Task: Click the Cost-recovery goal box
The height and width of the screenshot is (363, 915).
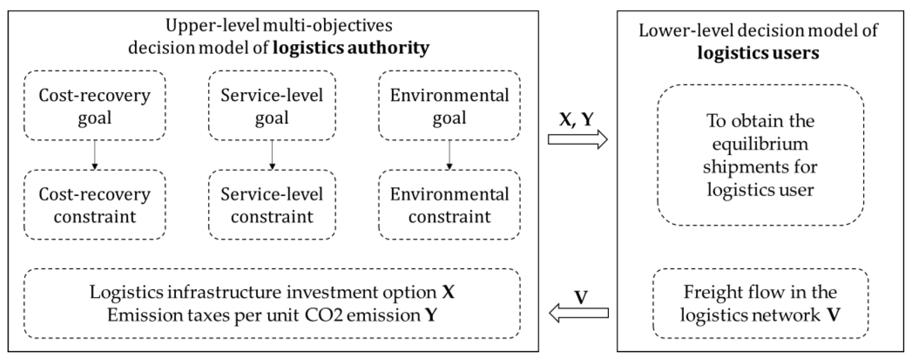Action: pyautogui.click(x=95, y=106)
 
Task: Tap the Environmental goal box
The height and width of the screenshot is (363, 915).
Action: pyautogui.click(x=449, y=106)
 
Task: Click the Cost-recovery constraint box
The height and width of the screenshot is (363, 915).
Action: pyautogui.click(x=95, y=205)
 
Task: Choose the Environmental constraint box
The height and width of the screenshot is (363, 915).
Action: pyautogui.click(x=449, y=205)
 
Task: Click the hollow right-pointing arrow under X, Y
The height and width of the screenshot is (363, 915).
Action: pyautogui.click(x=577, y=139)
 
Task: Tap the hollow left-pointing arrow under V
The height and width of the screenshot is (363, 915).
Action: pyautogui.click(x=579, y=313)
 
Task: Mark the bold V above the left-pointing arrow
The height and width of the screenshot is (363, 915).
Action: pyautogui.click(x=581, y=297)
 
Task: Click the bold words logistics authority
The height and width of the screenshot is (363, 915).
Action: pyautogui.click(x=351, y=48)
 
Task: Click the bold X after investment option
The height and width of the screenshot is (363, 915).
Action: pyautogui.click(x=448, y=292)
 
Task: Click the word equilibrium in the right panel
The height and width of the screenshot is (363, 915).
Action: pyautogui.click(x=760, y=144)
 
